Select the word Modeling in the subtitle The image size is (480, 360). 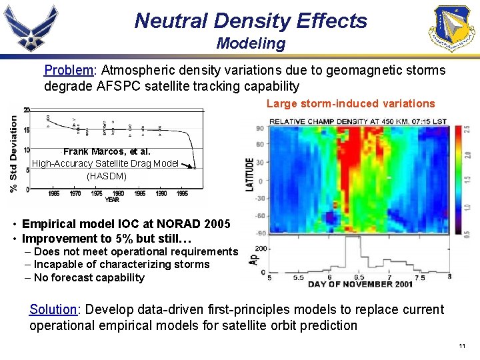(x=251, y=44)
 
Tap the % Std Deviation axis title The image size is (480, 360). (x=14, y=153)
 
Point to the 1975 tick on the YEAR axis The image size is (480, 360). (x=97, y=193)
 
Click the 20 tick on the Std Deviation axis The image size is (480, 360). (x=26, y=110)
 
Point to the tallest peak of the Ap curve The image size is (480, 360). (x=341, y=239)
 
